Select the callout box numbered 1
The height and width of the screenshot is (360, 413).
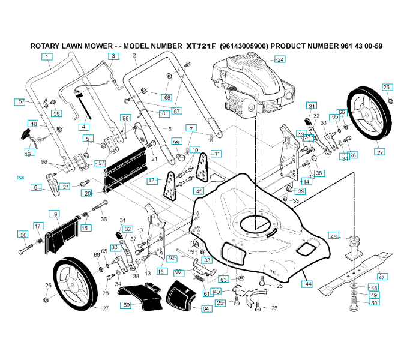[46, 56]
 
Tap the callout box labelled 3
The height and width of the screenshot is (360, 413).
[113, 56]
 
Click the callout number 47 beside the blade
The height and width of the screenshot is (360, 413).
[382, 277]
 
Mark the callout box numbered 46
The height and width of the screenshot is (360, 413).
[334, 236]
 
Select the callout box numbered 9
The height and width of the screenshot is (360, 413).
[55, 214]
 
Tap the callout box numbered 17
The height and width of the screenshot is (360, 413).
[38, 226]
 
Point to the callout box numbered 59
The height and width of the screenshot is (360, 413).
[126, 305]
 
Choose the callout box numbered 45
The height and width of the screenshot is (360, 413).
[199, 191]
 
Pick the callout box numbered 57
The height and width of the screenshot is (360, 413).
[21, 102]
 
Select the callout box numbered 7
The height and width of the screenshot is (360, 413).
[191, 128]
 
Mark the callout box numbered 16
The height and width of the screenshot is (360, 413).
[85, 227]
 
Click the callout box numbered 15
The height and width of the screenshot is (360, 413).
[161, 271]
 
